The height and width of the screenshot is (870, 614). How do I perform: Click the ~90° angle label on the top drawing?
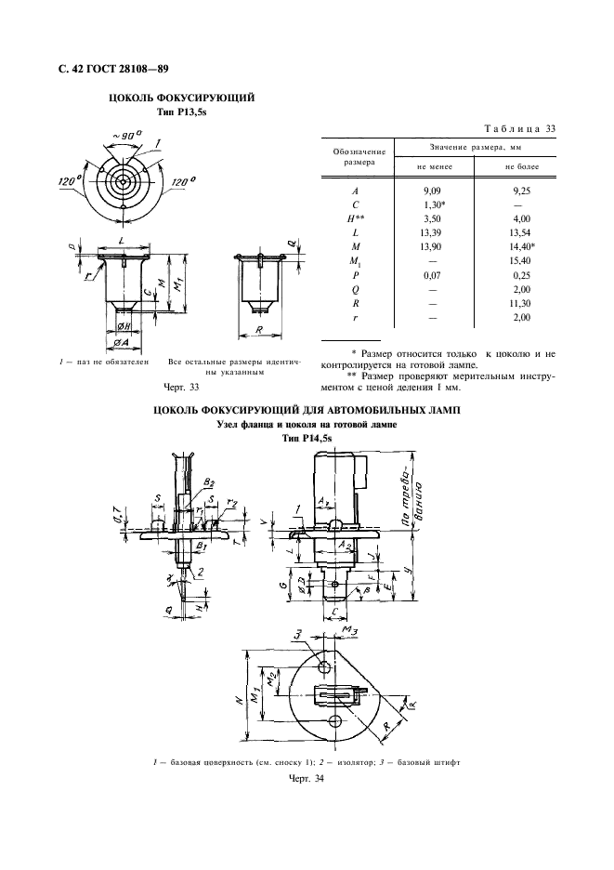click(x=125, y=137)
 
